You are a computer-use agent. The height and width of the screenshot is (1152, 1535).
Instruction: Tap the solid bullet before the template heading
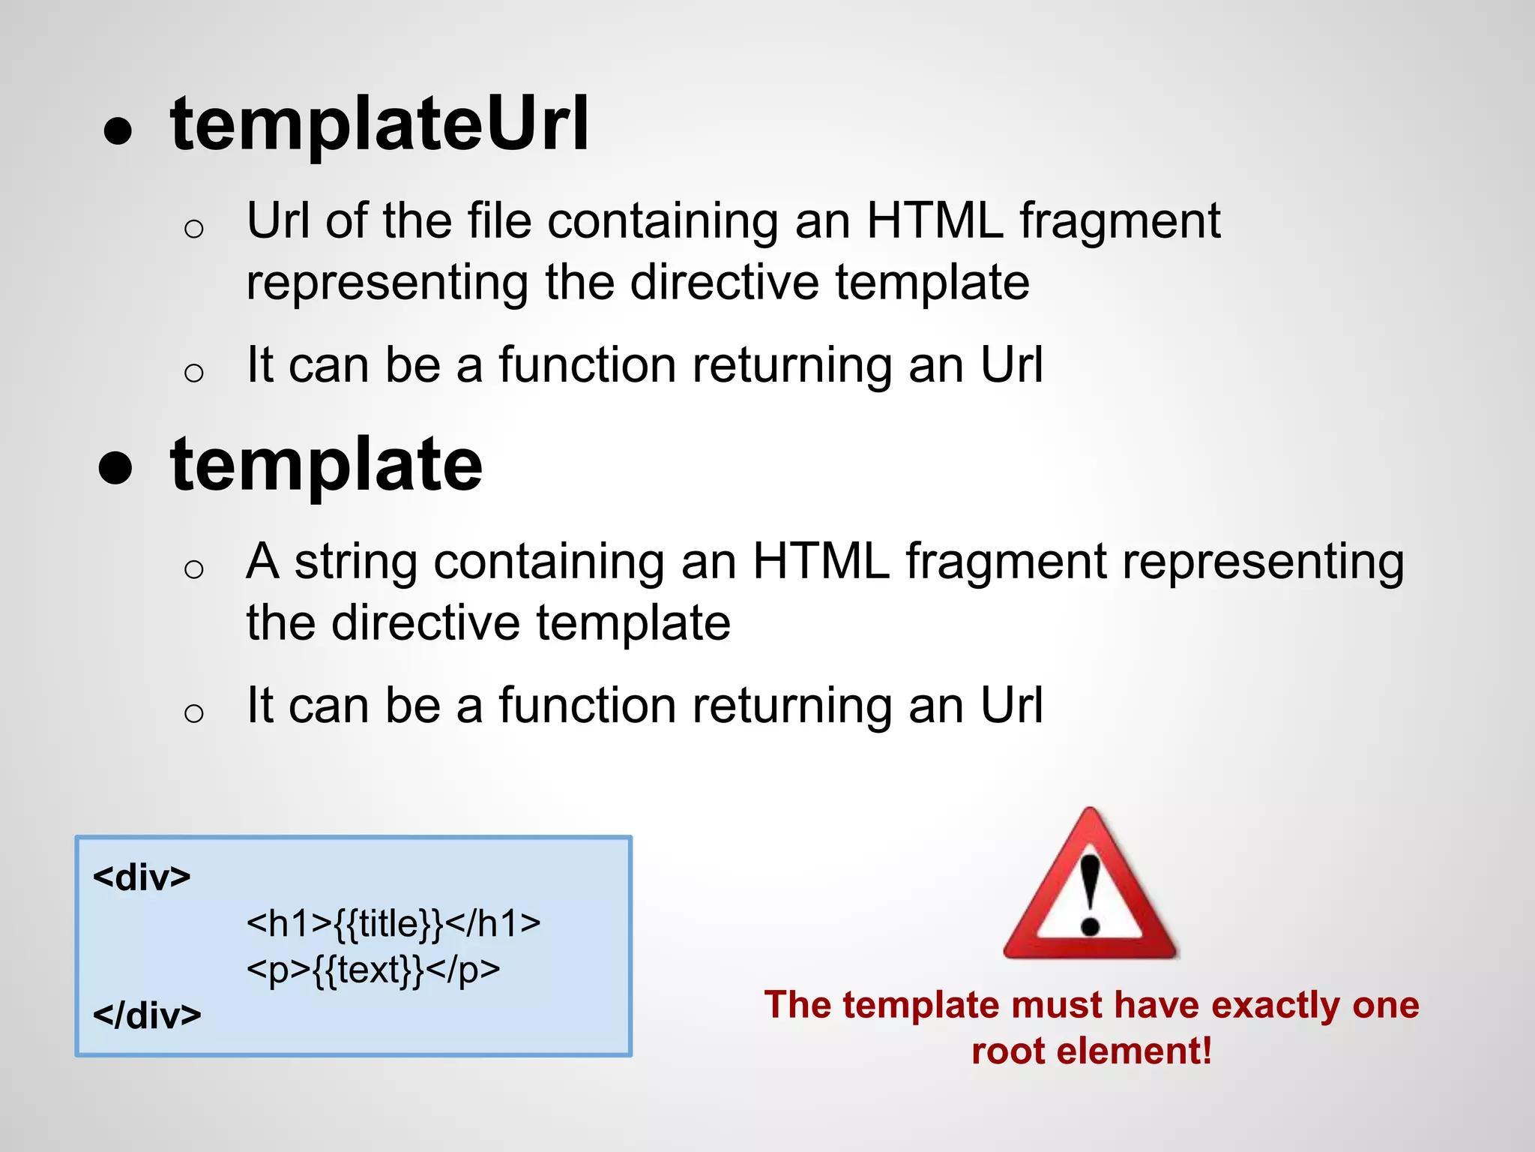(115, 469)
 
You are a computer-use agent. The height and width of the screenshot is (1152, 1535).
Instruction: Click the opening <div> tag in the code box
(142, 877)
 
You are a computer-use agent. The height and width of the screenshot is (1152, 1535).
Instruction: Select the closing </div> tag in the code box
(147, 1015)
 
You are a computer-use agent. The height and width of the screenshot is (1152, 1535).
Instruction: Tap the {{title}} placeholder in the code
(388, 924)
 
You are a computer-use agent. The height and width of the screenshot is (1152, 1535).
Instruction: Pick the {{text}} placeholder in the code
(368, 970)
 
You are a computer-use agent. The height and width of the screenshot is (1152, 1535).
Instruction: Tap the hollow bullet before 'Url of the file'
(193, 228)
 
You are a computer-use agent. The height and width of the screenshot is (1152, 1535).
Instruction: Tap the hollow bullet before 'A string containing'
(193, 569)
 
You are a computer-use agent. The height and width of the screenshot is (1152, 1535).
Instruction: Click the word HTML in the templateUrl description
(934, 221)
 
